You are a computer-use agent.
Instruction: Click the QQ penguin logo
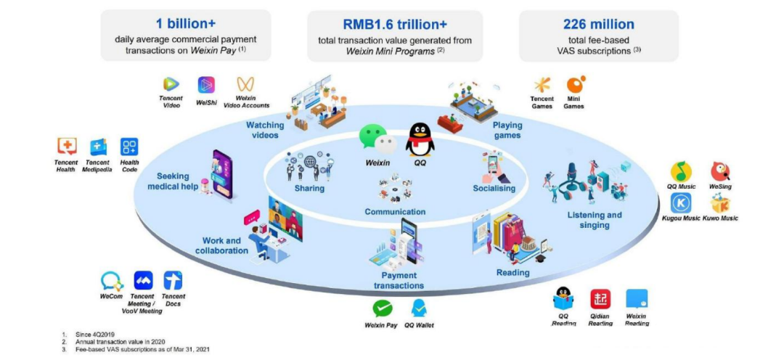coord(420,139)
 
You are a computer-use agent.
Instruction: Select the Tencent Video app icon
coord(171,85)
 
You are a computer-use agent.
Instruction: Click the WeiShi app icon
coord(206,85)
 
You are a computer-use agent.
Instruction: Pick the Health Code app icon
coord(129,147)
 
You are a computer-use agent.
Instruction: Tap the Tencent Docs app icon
coord(173,280)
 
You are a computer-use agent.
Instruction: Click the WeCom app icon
coord(111,280)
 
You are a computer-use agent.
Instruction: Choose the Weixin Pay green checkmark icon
coord(382,308)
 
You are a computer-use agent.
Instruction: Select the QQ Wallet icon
coord(419,308)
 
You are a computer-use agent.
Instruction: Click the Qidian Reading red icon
coord(600,299)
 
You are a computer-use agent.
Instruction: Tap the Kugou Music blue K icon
coord(680,203)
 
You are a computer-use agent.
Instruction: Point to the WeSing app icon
coord(720,172)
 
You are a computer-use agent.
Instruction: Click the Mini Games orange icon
coord(575,85)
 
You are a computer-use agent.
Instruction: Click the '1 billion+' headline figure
coord(185,24)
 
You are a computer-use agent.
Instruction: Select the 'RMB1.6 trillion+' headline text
coord(395,24)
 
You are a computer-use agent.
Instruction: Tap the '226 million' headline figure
coord(598,24)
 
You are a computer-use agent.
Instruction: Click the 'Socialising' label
coord(494,188)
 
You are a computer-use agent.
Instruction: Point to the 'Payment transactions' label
coord(399,280)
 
